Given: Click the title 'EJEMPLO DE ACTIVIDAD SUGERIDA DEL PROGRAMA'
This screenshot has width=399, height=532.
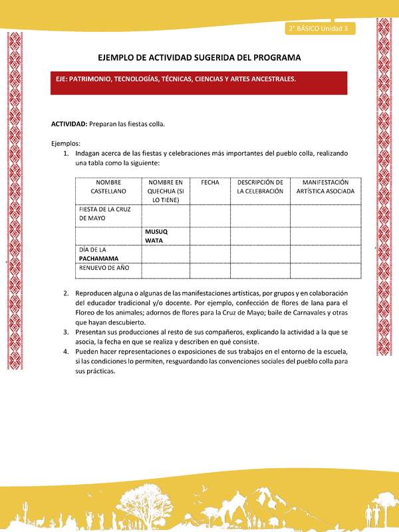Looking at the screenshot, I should [199, 58].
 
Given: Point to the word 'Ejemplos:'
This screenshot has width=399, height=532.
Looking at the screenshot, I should [66, 143].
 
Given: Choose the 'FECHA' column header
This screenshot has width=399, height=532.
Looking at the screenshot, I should [209, 182].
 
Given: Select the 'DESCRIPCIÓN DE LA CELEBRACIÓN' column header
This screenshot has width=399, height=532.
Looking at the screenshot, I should [260, 186].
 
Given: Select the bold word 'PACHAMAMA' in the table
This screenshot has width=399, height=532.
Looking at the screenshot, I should [100, 258].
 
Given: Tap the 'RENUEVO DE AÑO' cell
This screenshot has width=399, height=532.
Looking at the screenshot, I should [104, 269].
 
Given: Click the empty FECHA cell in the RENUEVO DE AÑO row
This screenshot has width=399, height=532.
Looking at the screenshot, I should [209, 271].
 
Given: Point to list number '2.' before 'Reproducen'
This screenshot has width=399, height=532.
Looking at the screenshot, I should [66, 293].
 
